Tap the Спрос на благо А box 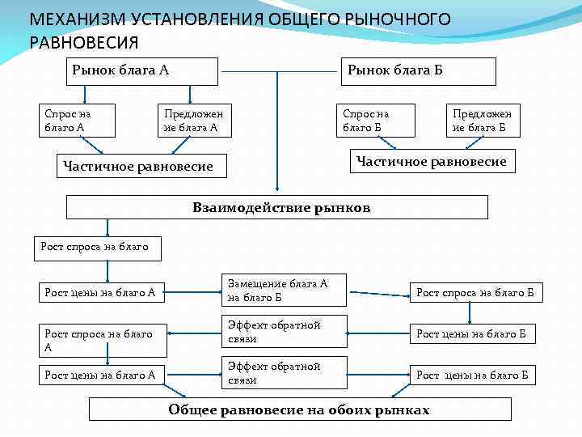coord(78,120)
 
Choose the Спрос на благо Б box coord(377,120)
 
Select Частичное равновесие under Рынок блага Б coord(430,162)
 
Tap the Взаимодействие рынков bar coord(276,207)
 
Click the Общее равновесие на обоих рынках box coord(299,409)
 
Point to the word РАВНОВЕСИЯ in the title coord(84,42)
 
